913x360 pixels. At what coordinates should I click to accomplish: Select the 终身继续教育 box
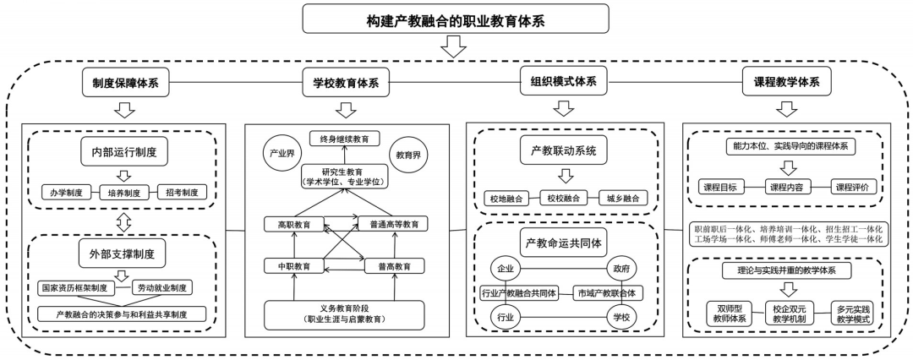344,139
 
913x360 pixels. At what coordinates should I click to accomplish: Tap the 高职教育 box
293,225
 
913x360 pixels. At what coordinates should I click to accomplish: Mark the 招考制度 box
182,193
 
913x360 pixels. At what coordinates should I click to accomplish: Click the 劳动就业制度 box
162,287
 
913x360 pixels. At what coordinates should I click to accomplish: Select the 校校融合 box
563,199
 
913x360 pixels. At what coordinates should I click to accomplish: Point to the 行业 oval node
506,317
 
